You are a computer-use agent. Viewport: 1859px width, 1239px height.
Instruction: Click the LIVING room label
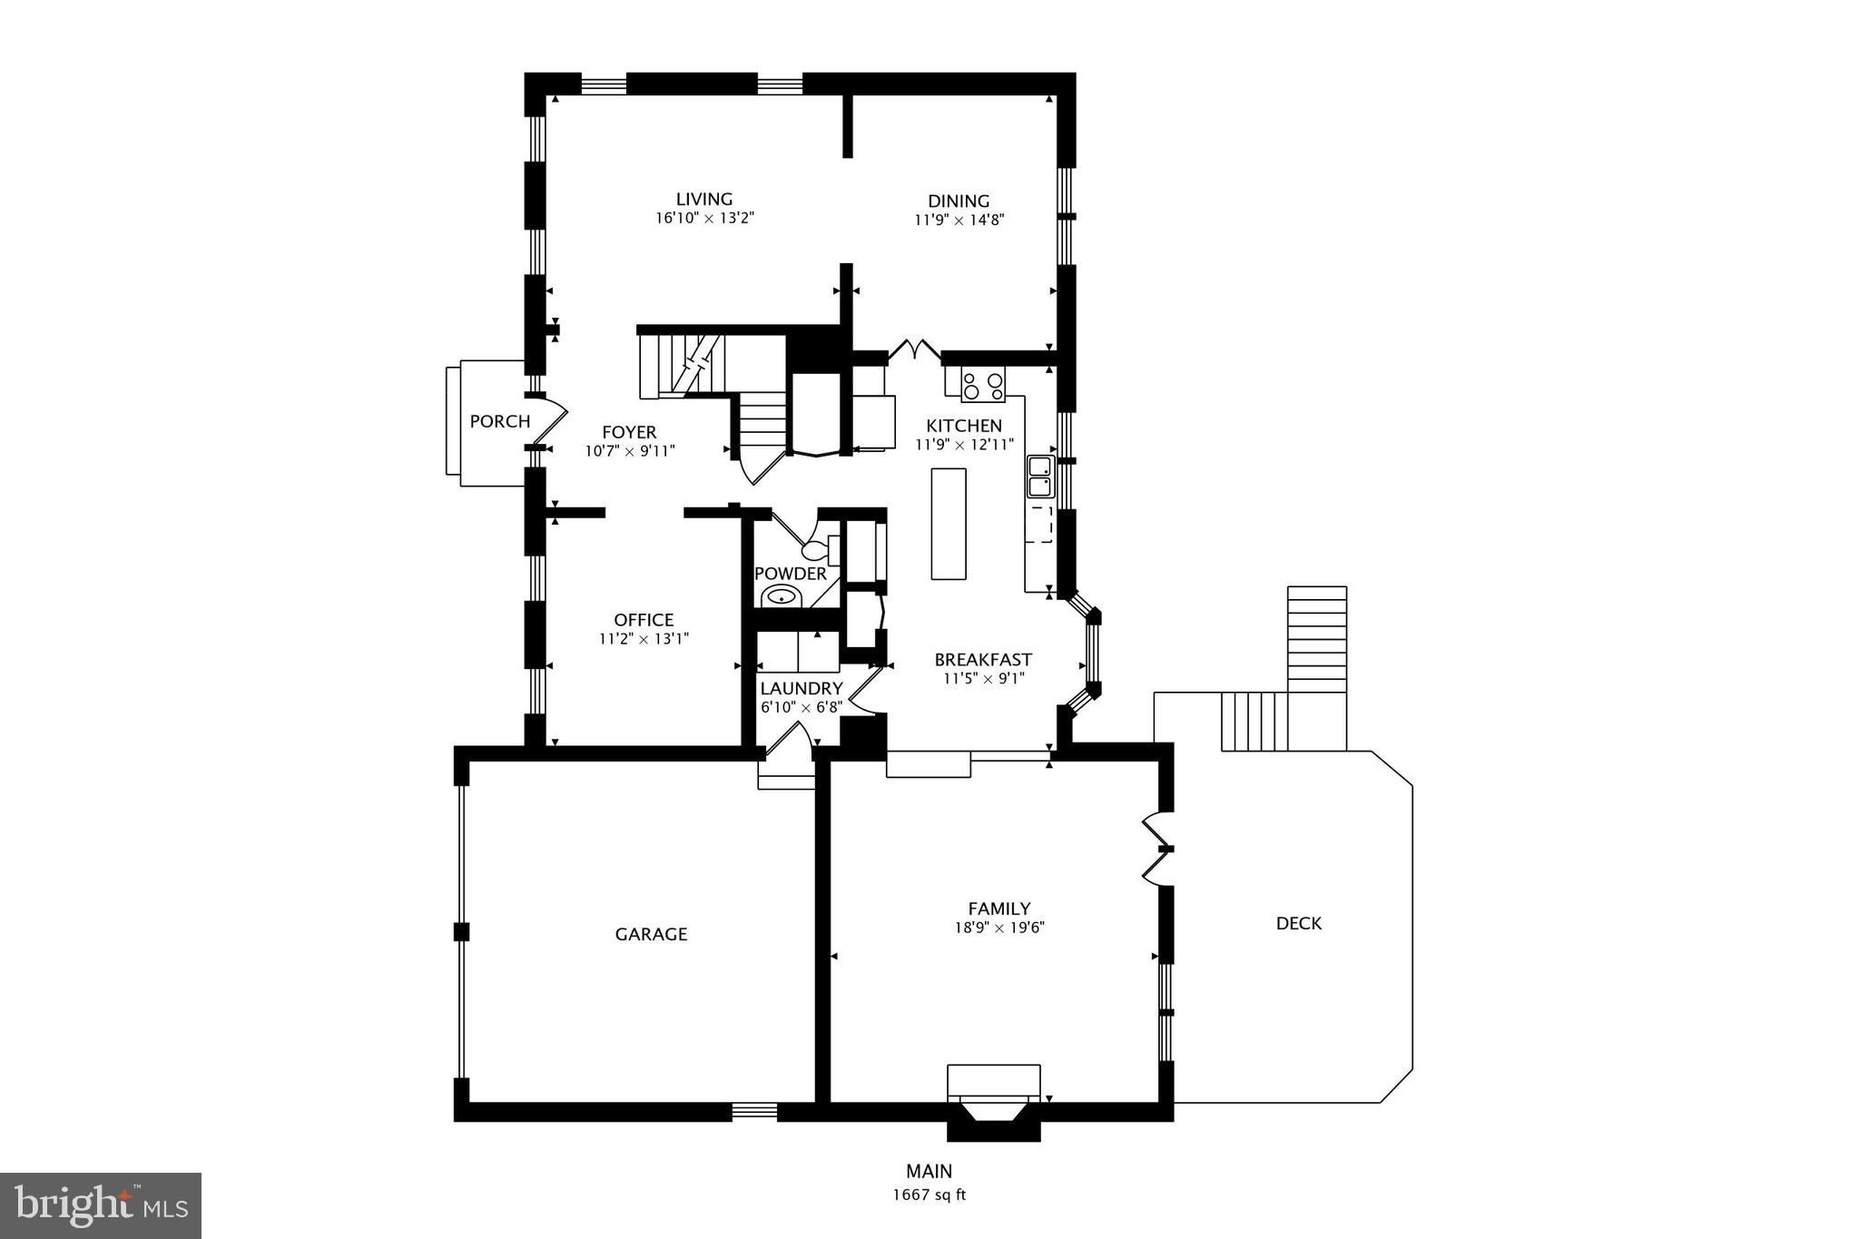[x=703, y=200]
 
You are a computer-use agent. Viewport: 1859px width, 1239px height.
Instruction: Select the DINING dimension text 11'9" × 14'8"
[x=959, y=220]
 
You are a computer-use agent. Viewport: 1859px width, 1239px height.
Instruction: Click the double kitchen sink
[x=1039, y=477]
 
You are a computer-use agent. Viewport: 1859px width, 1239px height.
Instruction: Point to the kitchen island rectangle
[x=949, y=524]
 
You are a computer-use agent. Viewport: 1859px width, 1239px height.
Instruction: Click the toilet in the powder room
[x=820, y=549]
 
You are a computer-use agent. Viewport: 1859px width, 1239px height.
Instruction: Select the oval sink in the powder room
[x=781, y=596]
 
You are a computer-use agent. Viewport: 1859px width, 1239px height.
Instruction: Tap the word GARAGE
[x=651, y=934]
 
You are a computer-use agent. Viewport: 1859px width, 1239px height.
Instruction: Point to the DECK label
[x=1298, y=923]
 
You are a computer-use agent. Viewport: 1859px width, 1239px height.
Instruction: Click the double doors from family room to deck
[x=1156, y=850]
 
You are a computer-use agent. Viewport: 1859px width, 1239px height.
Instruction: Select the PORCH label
[x=499, y=421]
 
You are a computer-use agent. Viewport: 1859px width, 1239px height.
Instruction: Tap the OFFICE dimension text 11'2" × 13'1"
[x=644, y=639]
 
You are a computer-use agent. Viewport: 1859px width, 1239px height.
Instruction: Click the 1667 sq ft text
[x=929, y=1195]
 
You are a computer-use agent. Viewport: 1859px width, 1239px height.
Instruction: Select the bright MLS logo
[x=101, y=1205]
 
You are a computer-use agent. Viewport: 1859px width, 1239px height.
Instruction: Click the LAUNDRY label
[x=801, y=689]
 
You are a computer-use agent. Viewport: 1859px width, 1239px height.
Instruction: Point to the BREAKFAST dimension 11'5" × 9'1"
[x=983, y=678]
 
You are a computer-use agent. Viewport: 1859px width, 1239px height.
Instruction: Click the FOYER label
[x=629, y=432]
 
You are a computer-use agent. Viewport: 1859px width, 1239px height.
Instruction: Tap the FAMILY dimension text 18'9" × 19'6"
[x=998, y=928]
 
